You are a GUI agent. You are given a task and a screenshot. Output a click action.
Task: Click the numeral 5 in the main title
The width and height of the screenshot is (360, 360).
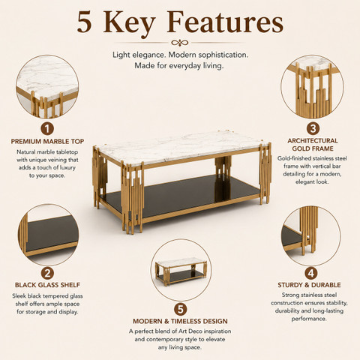coord(84,22)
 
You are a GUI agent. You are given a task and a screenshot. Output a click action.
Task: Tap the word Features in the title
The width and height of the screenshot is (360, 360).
coord(225,22)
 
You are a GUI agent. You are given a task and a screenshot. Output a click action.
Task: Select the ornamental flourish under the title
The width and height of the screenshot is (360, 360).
coord(179,43)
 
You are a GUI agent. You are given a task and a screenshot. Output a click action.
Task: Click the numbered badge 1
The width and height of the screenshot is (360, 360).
coord(47,129)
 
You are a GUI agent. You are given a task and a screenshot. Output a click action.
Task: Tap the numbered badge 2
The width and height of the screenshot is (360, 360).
coord(47,273)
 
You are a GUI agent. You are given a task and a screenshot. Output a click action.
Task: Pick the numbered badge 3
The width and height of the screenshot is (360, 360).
coord(313,129)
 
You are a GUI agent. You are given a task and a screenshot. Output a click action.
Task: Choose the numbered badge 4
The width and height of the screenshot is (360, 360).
coord(311,273)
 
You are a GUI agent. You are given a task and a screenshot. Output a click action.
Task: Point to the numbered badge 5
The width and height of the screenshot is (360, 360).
coord(180,309)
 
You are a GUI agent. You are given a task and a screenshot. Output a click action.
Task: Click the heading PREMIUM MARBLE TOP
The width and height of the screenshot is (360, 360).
coord(47,142)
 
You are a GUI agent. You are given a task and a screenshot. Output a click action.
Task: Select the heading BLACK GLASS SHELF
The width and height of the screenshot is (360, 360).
coord(47,285)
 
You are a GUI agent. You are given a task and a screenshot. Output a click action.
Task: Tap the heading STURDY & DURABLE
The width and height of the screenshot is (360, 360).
coord(309,285)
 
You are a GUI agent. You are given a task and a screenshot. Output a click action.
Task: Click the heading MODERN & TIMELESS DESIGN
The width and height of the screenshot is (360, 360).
coord(180,321)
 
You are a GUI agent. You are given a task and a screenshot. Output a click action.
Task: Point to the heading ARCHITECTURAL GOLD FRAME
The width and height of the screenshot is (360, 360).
coord(313,145)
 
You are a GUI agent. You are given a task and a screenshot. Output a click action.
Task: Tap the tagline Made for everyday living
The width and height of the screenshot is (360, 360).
coord(179,66)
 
